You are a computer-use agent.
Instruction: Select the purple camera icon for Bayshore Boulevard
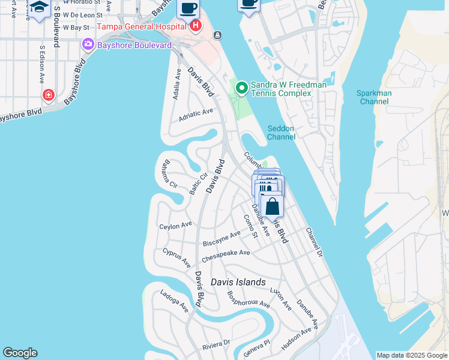88,45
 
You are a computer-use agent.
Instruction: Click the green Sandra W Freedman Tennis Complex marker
242,89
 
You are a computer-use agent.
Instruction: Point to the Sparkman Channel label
373,97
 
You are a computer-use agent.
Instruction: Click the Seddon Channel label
282,132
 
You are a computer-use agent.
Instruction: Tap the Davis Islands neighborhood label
238,282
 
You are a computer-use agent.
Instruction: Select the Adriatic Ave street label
196,115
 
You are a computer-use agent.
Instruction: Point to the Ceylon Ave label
175,226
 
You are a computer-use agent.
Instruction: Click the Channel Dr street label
314,242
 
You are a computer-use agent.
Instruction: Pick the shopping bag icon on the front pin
273,206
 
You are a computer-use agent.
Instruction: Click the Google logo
20,353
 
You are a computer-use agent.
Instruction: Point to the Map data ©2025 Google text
411,355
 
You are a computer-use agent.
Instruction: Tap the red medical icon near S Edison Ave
49,94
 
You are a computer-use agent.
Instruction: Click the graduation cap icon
39,7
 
